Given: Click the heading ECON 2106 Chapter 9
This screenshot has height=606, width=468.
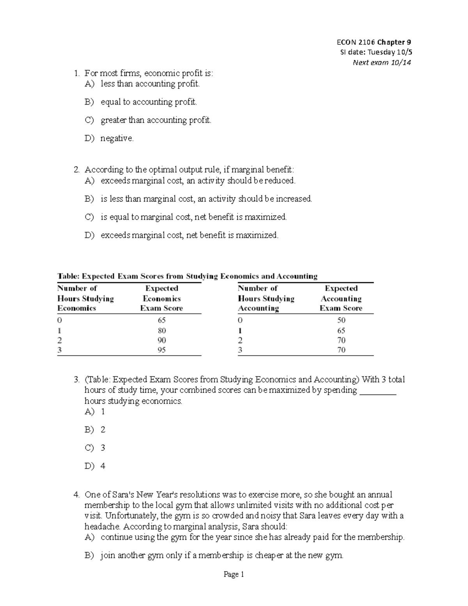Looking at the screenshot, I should point(374,42).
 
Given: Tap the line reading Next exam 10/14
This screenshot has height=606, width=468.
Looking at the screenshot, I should point(382,62).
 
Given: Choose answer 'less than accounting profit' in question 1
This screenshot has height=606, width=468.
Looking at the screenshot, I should point(150,84).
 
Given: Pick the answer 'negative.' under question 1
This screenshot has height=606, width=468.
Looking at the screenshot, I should point(117,138).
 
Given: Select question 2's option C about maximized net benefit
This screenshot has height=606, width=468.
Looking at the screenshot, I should point(193,217).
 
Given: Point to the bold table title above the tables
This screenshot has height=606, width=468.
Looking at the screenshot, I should point(187,276).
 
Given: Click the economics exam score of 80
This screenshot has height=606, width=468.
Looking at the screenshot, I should point(161,331).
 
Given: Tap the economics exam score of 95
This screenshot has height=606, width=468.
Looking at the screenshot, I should point(161,350).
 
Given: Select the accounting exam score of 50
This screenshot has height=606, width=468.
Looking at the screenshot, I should point(341,320).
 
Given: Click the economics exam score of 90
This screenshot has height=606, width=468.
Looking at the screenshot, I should point(161,340).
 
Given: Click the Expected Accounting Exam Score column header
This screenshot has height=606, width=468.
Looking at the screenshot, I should point(341,299).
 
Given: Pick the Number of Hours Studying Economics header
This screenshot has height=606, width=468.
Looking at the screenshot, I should point(85,299).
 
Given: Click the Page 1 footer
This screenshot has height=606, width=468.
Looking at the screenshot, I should point(234,574).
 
